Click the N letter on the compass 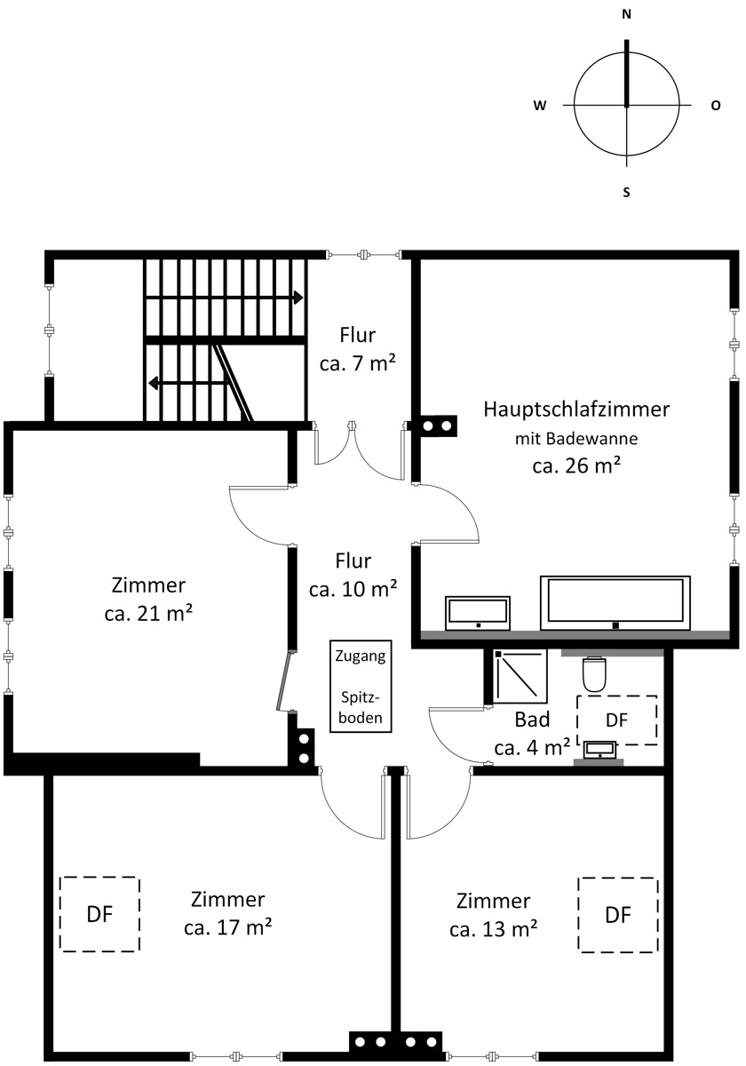(627, 15)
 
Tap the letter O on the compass (716, 106)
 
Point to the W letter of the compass (540, 106)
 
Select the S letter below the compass (627, 192)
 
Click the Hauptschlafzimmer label (576, 410)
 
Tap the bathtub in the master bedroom (615, 603)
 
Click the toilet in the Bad (594, 674)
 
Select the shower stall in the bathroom (520, 676)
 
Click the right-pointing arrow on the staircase (224, 298)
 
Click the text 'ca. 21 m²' (148, 614)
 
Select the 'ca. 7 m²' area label (358, 364)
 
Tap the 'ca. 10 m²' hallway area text (353, 590)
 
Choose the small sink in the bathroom (600, 750)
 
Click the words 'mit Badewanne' (576, 438)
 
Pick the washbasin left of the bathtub (478, 613)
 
